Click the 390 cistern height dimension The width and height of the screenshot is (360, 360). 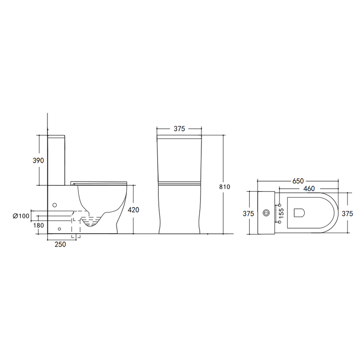[38, 161]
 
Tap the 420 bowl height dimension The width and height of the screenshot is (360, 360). [134, 210]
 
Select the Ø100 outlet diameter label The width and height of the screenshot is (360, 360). [21, 216]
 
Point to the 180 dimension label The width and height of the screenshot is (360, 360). [39, 225]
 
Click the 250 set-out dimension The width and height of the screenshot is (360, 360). [60, 244]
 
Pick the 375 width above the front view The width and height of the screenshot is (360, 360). [179, 129]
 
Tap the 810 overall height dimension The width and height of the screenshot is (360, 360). [225, 187]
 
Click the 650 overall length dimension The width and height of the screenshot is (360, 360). [298, 181]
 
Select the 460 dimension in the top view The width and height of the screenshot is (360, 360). [309, 189]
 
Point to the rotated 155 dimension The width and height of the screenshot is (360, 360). [281, 213]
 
